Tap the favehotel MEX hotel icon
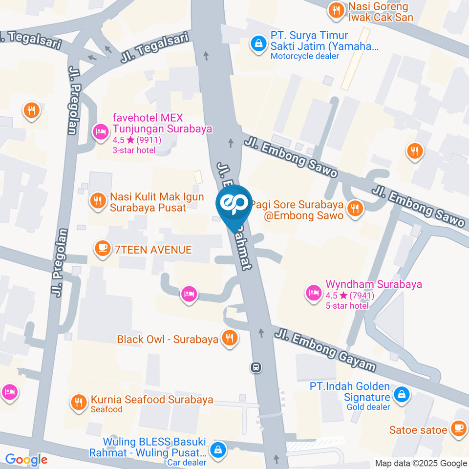[x=101, y=131]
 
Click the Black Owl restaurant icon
[x=229, y=338]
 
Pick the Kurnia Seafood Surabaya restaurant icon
[x=78, y=402]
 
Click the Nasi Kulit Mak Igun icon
[x=98, y=200]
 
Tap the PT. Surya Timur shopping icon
[x=257, y=44]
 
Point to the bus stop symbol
[x=256, y=367]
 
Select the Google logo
[x=26, y=459]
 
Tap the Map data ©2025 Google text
[x=421, y=463]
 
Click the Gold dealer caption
[x=368, y=407]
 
